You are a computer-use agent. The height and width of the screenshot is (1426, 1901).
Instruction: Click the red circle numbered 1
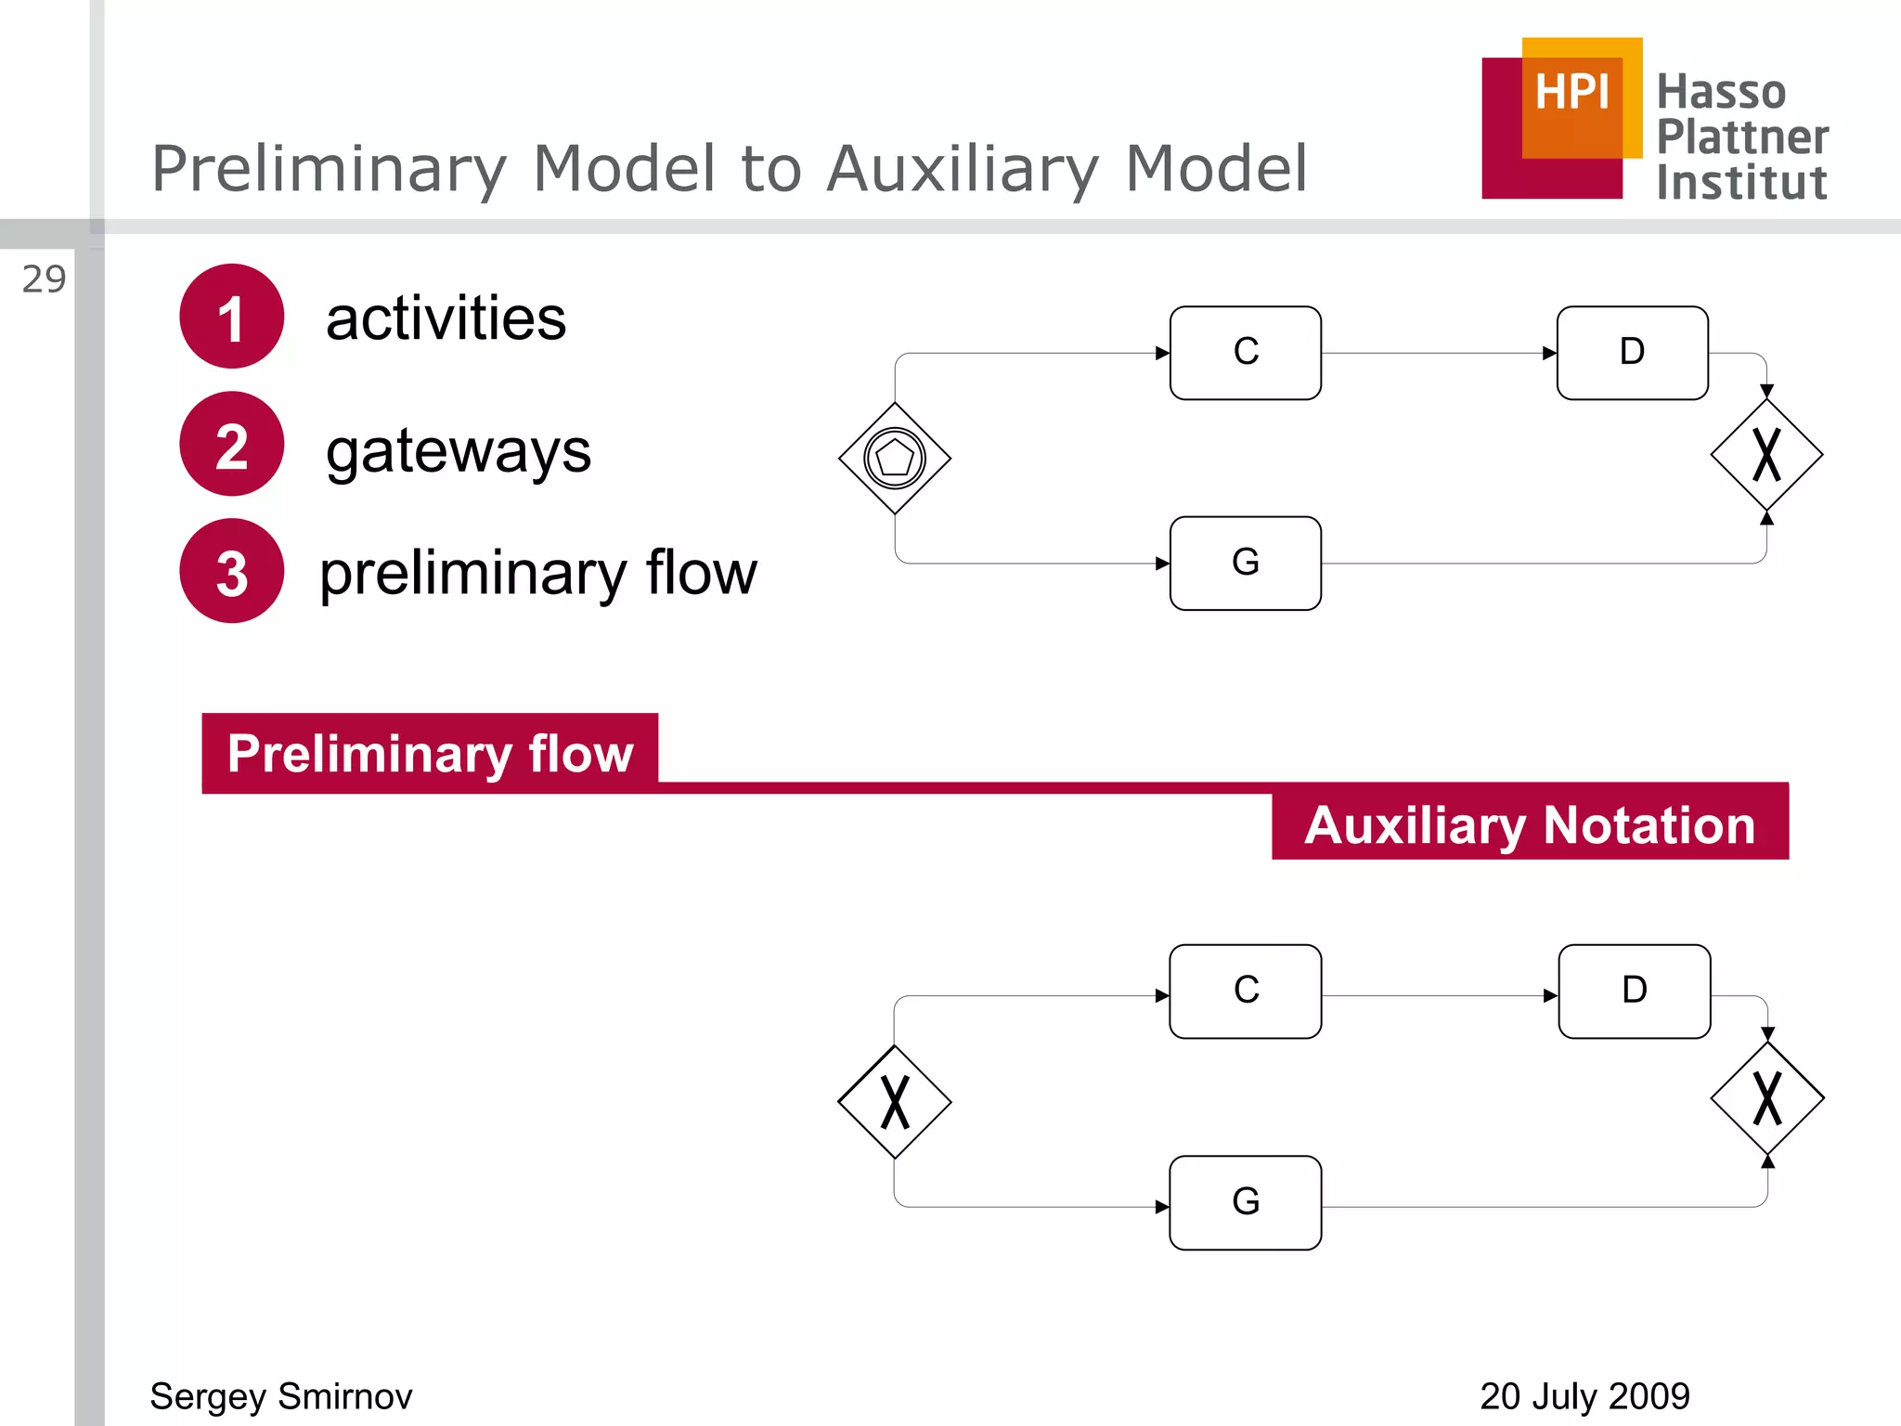pyautogui.click(x=231, y=317)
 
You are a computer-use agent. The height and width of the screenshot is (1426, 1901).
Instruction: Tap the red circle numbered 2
pyautogui.click(x=231, y=444)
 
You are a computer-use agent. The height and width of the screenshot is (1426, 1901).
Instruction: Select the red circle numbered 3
pyautogui.click(x=231, y=571)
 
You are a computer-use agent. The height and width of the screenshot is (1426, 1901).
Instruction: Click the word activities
pyautogui.click(x=446, y=318)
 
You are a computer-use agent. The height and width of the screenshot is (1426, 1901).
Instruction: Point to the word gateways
pyautogui.click(x=458, y=451)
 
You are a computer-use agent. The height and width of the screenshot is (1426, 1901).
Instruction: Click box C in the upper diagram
pyautogui.click(x=1245, y=353)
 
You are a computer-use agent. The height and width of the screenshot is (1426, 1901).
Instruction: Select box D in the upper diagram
pyautogui.click(x=1632, y=353)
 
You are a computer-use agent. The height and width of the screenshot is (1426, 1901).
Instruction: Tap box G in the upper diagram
pyautogui.click(x=1245, y=563)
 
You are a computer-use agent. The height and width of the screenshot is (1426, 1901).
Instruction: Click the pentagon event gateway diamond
pyautogui.click(x=895, y=458)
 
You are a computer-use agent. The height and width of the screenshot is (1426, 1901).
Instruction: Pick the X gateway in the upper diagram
pyautogui.click(x=1766, y=455)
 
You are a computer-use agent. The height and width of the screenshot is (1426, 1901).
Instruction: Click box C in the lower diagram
pyautogui.click(x=1245, y=991)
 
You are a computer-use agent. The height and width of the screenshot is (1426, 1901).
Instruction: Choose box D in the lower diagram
pyautogui.click(x=1634, y=991)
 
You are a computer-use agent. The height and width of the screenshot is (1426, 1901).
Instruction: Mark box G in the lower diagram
pyautogui.click(x=1245, y=1202)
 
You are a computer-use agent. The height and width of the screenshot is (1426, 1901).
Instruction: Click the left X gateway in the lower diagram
pyautogui.click(x=895, y=1102)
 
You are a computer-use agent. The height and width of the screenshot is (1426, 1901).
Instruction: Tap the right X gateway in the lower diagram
pyautogui.click(x=1767, y=1098)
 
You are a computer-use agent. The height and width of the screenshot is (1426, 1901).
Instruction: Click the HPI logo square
pyautogui.click(x=1564, y=118)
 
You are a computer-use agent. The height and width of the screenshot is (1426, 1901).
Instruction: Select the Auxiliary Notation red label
pyautogui.click(x=1530, y=823)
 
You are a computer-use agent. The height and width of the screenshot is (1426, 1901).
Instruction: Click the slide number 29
pyautogui.click(x=44, y=279)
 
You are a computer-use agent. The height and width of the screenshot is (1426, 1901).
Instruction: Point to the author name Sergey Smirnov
pyautogui.click(x=281, y=1396)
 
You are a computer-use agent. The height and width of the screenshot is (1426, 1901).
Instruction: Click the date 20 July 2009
pyautogui.click(x=1584, y=1396)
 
